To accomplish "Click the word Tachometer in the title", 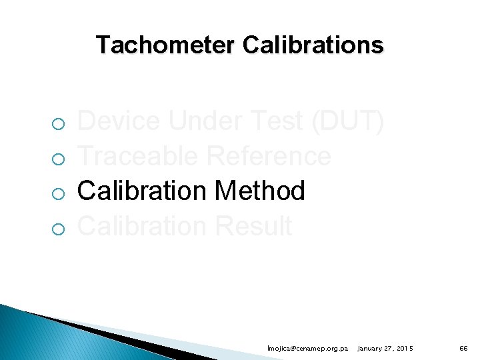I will click(166, 45).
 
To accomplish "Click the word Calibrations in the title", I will click(313, 45).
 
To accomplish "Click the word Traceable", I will click(139, 156).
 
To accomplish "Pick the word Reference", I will click(269, 156).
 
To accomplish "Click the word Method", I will click(260, 191).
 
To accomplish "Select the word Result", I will click(253, 226).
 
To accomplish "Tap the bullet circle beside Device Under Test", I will click(58, 124).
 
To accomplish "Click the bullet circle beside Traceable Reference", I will click(58, 159).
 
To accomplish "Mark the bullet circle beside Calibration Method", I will click(58, 193).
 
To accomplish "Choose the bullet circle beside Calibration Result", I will click(58, 229).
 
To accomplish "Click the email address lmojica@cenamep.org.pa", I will click(307, 349).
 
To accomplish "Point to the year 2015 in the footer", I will click(403, 349).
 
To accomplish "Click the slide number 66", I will click(463, 349).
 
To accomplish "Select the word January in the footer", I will click(371, 349).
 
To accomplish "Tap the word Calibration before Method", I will click(143, 191).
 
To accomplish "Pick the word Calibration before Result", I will click(143, 226).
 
